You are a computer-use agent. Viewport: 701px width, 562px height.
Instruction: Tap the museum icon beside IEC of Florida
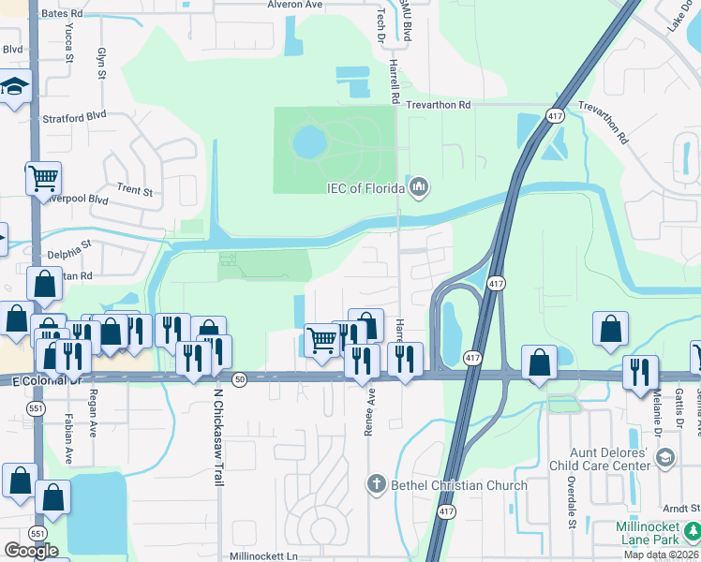tap(418, 187)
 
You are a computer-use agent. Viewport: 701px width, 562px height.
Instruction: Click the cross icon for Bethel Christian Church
tap(376, 484)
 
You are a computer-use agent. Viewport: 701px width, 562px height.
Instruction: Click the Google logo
tap(31, 551)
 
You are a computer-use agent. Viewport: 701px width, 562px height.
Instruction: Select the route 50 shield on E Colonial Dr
tap(241, 378)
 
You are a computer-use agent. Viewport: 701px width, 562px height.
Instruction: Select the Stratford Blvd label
tap(74, 119)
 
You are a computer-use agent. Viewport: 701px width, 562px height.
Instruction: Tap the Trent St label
tap(134, 190)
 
